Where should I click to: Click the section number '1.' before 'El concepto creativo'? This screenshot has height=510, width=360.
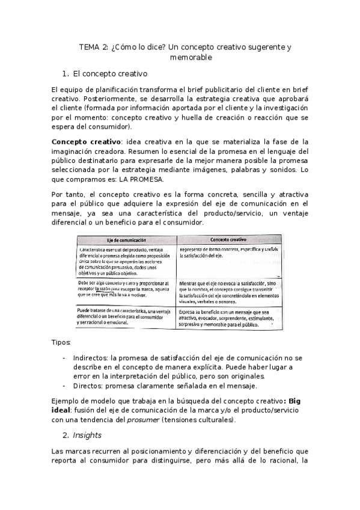tap(83, 75)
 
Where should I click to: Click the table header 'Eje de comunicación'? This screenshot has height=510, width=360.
tap(127, 239)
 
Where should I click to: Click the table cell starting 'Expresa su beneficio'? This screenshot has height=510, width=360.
tap(228, 318)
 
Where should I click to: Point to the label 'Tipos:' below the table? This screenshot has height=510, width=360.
tap(62, 342)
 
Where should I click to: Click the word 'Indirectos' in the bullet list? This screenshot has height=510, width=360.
tap(91, 357)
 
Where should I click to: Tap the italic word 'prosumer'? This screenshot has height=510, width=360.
tap(144, 420)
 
